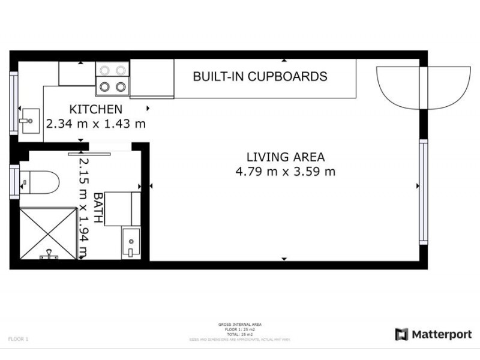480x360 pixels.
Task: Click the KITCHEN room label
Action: tap(96, 109)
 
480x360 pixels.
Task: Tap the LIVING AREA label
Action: tap(286, 157)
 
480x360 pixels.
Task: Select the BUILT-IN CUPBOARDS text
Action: tap(260, 77)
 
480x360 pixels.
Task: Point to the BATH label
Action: tap(98, 207)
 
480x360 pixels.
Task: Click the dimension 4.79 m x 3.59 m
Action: tap(286, 172)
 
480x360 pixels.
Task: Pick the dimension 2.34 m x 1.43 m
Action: tap(96, 124)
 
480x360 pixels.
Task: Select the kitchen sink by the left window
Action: tap(29, 121)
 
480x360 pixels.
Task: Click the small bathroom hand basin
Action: tap(130, 243)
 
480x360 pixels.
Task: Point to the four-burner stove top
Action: tap(113, 79)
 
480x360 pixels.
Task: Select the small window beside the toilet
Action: tap(13, 182)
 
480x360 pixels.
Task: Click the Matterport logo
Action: tap(433, 334)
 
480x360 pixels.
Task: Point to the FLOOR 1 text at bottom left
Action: tap(18, 339)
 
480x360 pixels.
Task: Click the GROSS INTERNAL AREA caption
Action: tap(240, 325)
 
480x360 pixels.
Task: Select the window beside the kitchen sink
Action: tap(13, 103)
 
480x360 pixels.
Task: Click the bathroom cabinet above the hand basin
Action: tap(122, 209)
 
